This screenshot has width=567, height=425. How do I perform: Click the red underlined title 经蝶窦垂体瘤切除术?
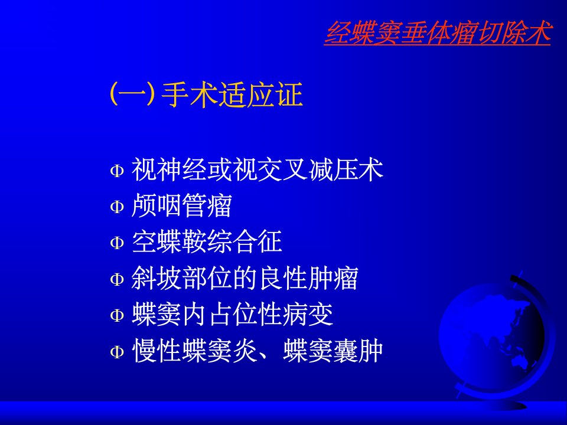click(438, 33)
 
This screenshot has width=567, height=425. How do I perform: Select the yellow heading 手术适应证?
click(232, 94)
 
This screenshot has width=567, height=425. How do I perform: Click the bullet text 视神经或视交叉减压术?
click(257, 169)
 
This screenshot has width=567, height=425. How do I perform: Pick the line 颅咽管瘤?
click(181, 205)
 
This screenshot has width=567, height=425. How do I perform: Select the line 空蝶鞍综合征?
click(207, 241)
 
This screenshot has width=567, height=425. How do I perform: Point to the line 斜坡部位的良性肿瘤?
click(245, 278)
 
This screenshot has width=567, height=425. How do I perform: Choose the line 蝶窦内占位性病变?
click(232, 315)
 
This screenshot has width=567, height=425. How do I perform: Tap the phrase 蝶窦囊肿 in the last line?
click(333, 351)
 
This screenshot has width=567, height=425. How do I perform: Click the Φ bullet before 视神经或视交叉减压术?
click(117, 170)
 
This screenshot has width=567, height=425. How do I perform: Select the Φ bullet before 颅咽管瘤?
click(117, 207)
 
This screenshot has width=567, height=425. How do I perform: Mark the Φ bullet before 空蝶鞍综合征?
click(117, 243)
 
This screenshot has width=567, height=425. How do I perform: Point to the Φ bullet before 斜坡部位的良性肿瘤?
click(117, 279)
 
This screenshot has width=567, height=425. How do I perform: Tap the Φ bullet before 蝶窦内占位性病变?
click(117, 315)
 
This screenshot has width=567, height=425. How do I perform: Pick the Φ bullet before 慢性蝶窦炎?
click(117, 352)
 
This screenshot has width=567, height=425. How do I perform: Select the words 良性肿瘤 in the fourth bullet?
click(308, 278)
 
